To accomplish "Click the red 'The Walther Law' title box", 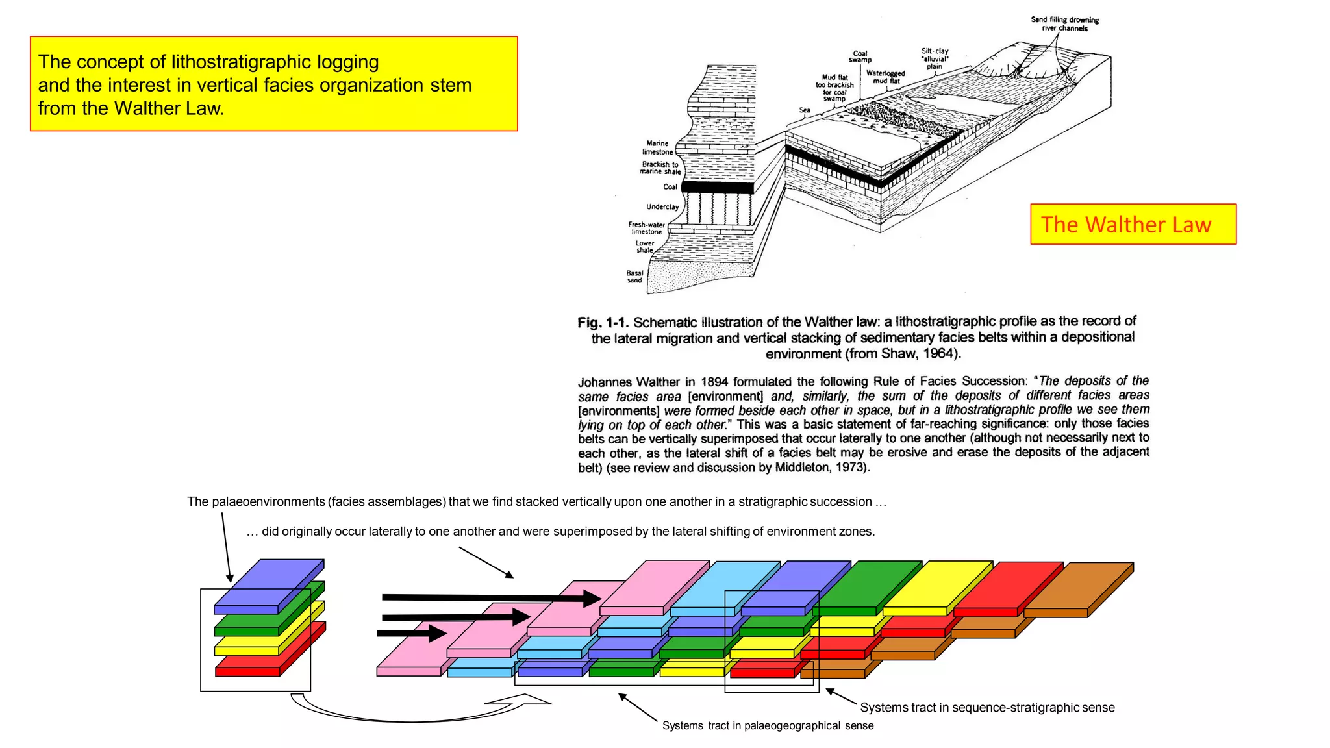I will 1133,225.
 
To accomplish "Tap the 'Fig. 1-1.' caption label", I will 603,323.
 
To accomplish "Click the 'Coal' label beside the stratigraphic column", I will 670,187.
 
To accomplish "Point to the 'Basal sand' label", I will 634,277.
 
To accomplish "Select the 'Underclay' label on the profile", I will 662,207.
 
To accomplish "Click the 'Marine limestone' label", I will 657,147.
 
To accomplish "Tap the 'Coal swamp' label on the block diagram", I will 860,56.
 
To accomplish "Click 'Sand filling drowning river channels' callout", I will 1064,23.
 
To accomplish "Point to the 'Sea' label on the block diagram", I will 805,110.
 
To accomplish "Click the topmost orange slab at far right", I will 1078,588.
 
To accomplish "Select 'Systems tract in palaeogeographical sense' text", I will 768,725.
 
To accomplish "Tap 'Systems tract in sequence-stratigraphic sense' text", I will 987,708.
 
